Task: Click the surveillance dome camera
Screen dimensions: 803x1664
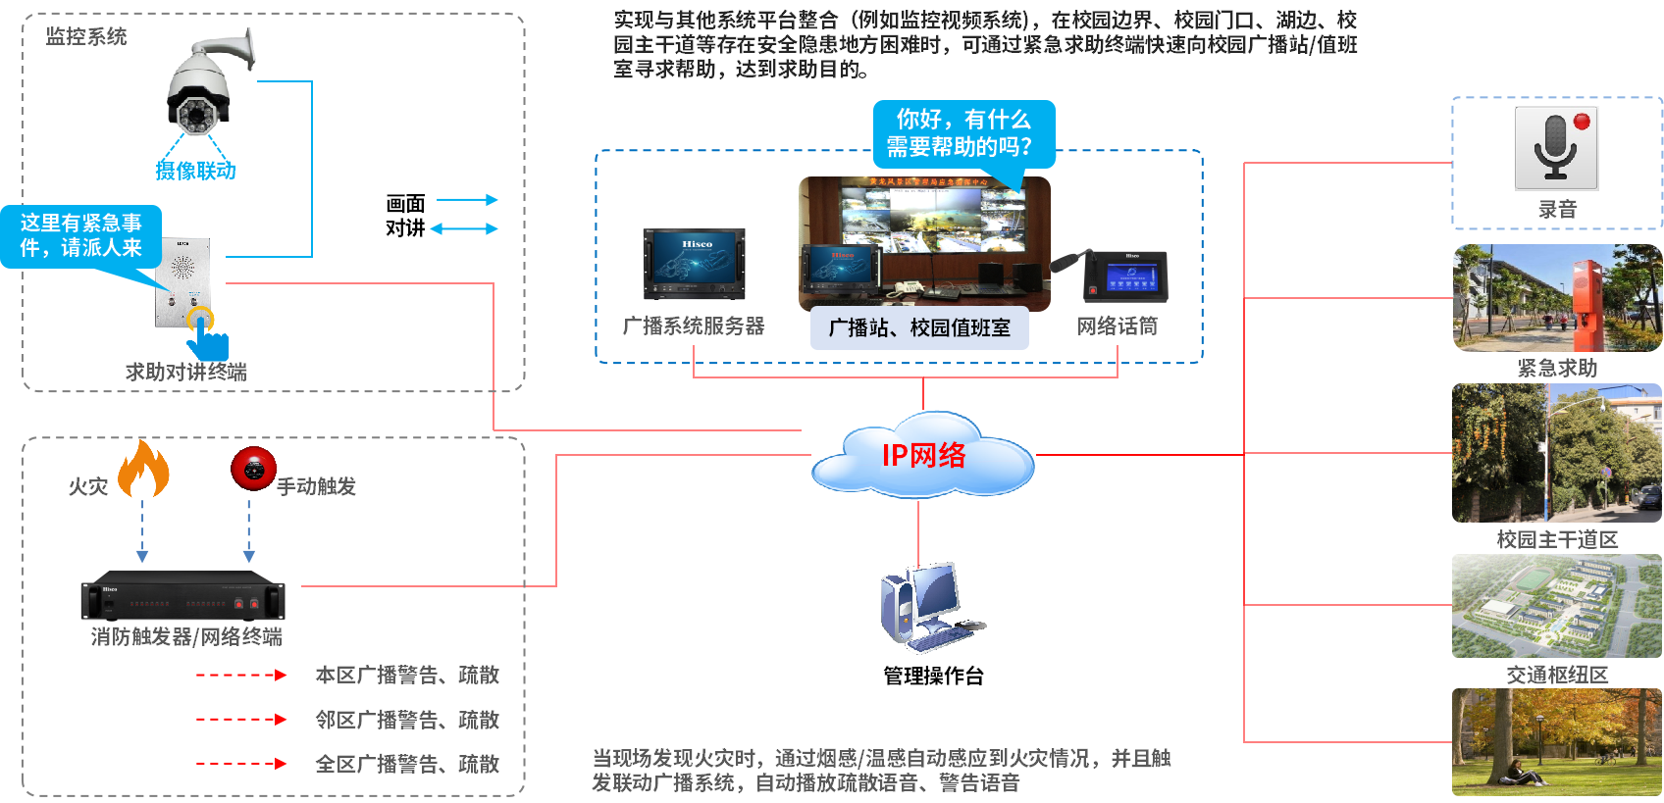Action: (x=200, y=93)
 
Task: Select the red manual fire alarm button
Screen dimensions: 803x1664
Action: (x=253, y=468)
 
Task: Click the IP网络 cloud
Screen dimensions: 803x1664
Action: (x=923, y=456)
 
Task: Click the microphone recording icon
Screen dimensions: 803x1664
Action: (x=1556, y=148)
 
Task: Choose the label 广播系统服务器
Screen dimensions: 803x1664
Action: (x=694, y=326)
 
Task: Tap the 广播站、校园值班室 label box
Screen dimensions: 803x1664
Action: (x=919, y=327)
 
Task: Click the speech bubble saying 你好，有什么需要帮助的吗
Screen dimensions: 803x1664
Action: (x=962, y=133)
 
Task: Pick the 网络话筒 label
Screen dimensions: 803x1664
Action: (x=1117, y=326)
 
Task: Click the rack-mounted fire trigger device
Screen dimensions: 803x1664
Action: (x=183, y=595)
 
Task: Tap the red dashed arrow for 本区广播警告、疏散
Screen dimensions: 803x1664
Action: (x=241, y=675)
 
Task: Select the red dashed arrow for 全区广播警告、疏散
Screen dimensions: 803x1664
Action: (x=241, y=764)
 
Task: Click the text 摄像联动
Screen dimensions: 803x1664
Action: (x=195, y=171)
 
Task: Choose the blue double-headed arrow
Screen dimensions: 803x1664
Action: (x=464, y=228)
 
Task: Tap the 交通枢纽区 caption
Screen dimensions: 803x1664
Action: (x=1557, y=675)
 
